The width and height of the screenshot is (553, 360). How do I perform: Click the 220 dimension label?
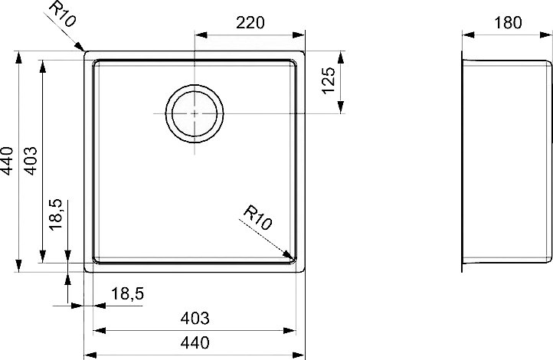(250, 23)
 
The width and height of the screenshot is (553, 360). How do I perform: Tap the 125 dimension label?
(329, 80)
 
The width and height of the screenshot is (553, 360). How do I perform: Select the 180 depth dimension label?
(508, 23)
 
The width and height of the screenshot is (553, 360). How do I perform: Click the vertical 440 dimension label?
(7, 161)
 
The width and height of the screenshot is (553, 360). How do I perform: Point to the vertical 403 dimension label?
(31, 161)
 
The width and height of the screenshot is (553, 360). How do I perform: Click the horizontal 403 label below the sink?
(195, 319)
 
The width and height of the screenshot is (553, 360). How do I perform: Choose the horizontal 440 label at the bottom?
(195, 342)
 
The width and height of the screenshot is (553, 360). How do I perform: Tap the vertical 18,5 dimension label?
(56, 214)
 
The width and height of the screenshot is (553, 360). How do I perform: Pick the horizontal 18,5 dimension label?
(127, 293)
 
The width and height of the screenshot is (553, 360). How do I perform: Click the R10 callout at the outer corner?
(62, 14)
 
